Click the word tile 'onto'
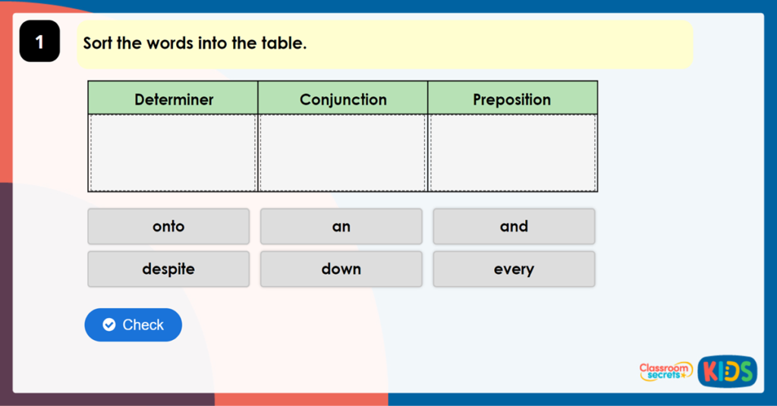168,226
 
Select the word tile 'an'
341,226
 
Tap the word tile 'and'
514,226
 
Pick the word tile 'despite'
168,269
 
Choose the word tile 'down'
341,269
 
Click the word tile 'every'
514,269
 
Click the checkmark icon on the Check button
109,325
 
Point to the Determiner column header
174,99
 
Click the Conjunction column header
343,99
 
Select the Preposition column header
512,99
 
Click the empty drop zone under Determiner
174,153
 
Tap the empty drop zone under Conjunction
343,153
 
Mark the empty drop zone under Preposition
512,153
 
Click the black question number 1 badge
39,42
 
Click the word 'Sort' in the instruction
98,43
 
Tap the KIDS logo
727,371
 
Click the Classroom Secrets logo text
665,371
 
